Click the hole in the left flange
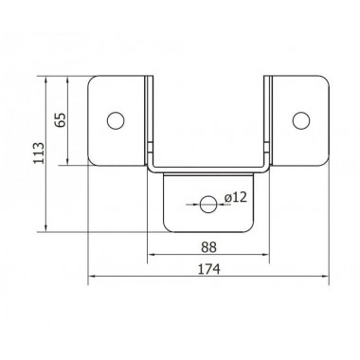(x=116, y=119)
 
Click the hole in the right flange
(x=301, y=119)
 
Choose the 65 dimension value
(x=61, y=120)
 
